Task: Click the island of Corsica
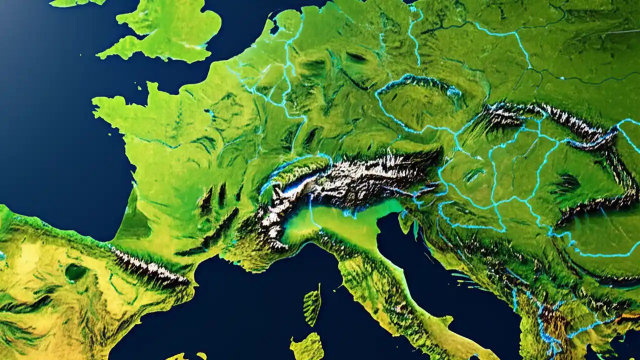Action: [x=312, y=305]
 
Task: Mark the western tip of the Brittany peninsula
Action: [x=96, y=103]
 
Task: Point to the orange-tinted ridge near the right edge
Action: [x=627, y=316]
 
